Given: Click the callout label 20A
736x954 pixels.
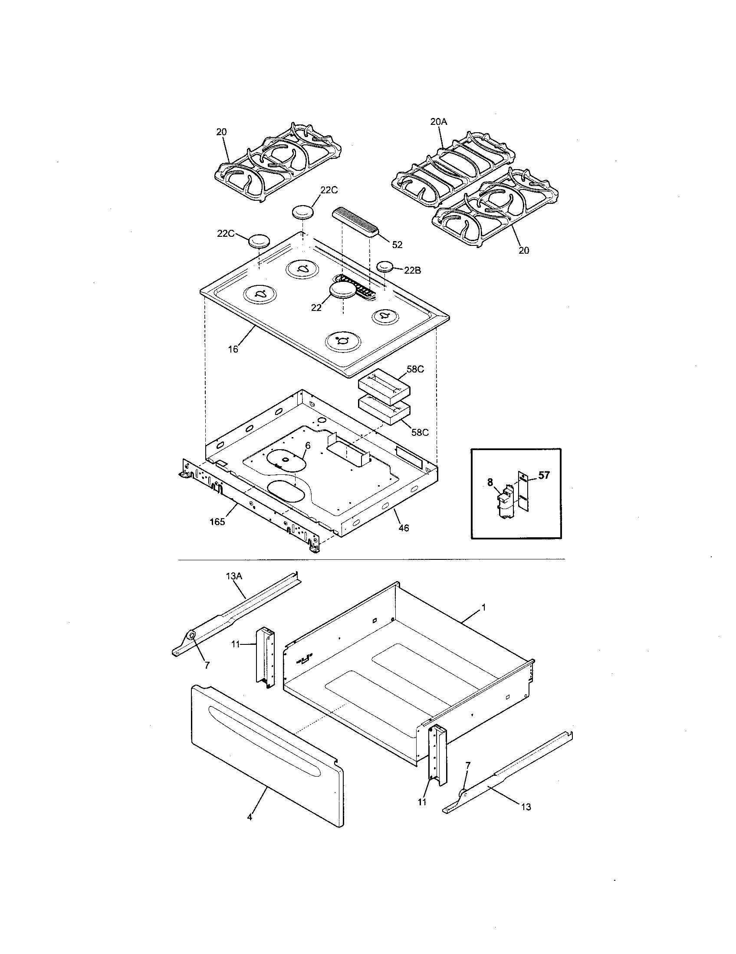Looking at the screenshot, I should click(439, 122).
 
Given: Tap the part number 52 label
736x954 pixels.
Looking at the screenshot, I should click(397, 245).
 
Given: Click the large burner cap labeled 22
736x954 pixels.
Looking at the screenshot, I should click(343, 290).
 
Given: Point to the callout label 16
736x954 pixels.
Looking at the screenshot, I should click(233, 349).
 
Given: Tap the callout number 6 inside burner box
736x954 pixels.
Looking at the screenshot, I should click(308, 445).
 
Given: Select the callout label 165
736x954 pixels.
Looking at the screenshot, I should click(217, 522).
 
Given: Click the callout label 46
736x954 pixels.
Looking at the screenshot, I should click(404, 528).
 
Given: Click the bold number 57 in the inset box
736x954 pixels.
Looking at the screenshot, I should click(543, 475).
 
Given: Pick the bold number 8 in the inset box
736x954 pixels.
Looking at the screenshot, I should click(490, 482).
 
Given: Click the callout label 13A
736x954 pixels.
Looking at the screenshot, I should click(234, 576).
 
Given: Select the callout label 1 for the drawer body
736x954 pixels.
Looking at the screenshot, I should click(484, 607).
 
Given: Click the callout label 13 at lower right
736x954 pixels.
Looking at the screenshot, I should click(526, 807).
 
